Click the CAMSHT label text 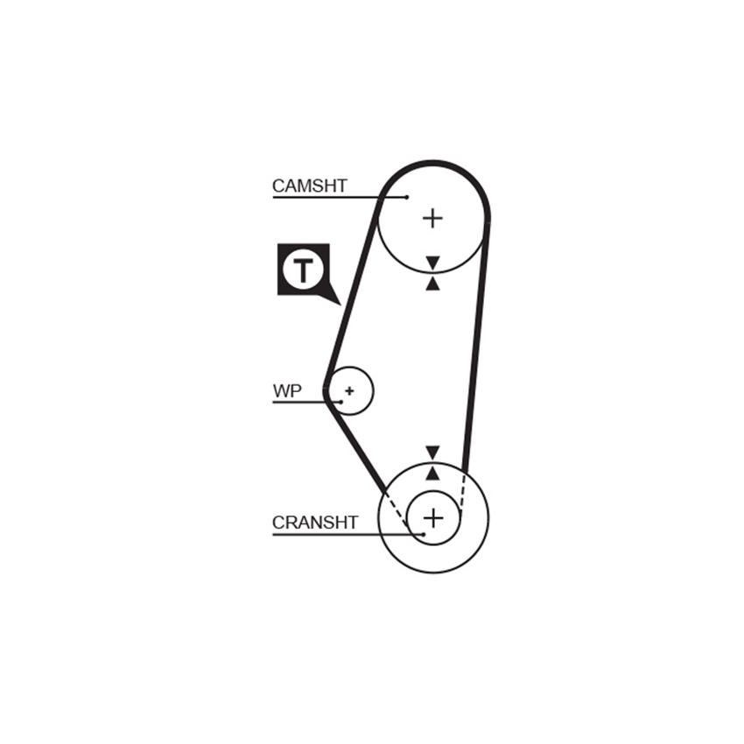coord(309,186)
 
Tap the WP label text coord(287,391)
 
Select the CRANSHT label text coord(314,523)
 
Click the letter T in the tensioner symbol coord(303,270)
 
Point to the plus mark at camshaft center coord(432,218)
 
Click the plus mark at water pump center coord(350,391)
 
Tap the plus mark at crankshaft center coord(433,517)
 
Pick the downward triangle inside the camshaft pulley coord(432,263)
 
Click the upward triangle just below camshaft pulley coord(432,284)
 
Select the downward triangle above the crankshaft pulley coord(432,453)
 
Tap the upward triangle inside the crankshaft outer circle coord(432,473)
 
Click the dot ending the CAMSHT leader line coord(407,197)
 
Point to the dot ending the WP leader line coord(341,403)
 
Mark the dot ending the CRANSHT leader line coord(424,535)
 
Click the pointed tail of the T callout coord(340,305)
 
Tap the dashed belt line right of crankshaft coord(463,493)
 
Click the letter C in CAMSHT coord(278,186)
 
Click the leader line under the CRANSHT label coord(347,535)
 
